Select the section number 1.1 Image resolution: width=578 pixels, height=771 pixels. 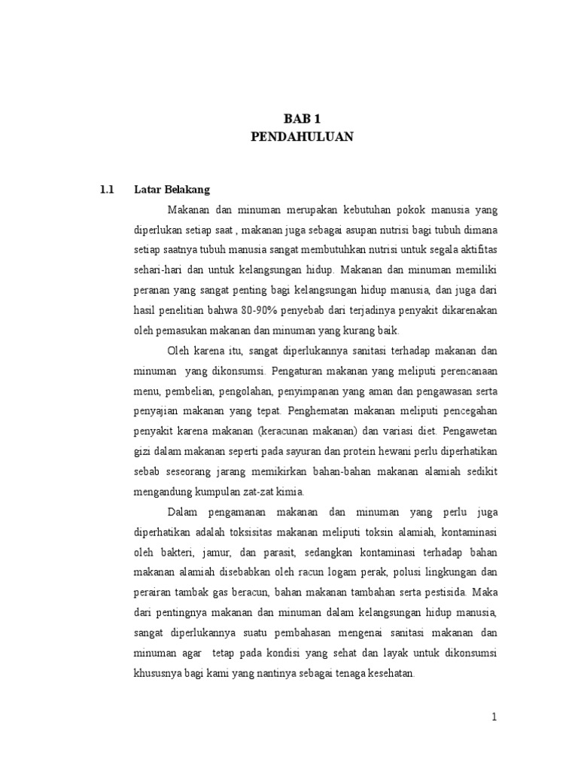[106, 190]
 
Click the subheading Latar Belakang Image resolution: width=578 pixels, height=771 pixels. [172, 190]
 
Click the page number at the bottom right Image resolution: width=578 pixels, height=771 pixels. [494, 718]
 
